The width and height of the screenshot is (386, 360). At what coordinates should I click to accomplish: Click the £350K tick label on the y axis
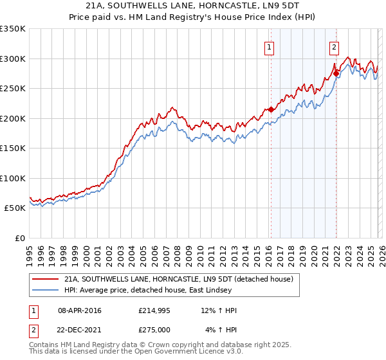tap(13, 29)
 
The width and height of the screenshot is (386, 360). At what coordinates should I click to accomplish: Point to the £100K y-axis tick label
tap(13, 178)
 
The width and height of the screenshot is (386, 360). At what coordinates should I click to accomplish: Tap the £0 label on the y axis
tap(19, 238)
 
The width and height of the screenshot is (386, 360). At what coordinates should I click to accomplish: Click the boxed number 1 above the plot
tap(268, 46)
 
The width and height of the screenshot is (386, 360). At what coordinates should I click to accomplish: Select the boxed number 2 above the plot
tap(335, 46)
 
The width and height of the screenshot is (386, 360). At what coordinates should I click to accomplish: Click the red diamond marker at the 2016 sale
tap(271, 109)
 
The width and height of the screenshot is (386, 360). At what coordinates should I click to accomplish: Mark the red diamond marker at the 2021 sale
tap(336, 73)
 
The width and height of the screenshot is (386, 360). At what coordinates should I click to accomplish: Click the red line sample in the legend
tap(46, 279)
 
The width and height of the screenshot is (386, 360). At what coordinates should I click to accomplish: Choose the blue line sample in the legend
tap(46, 291)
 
